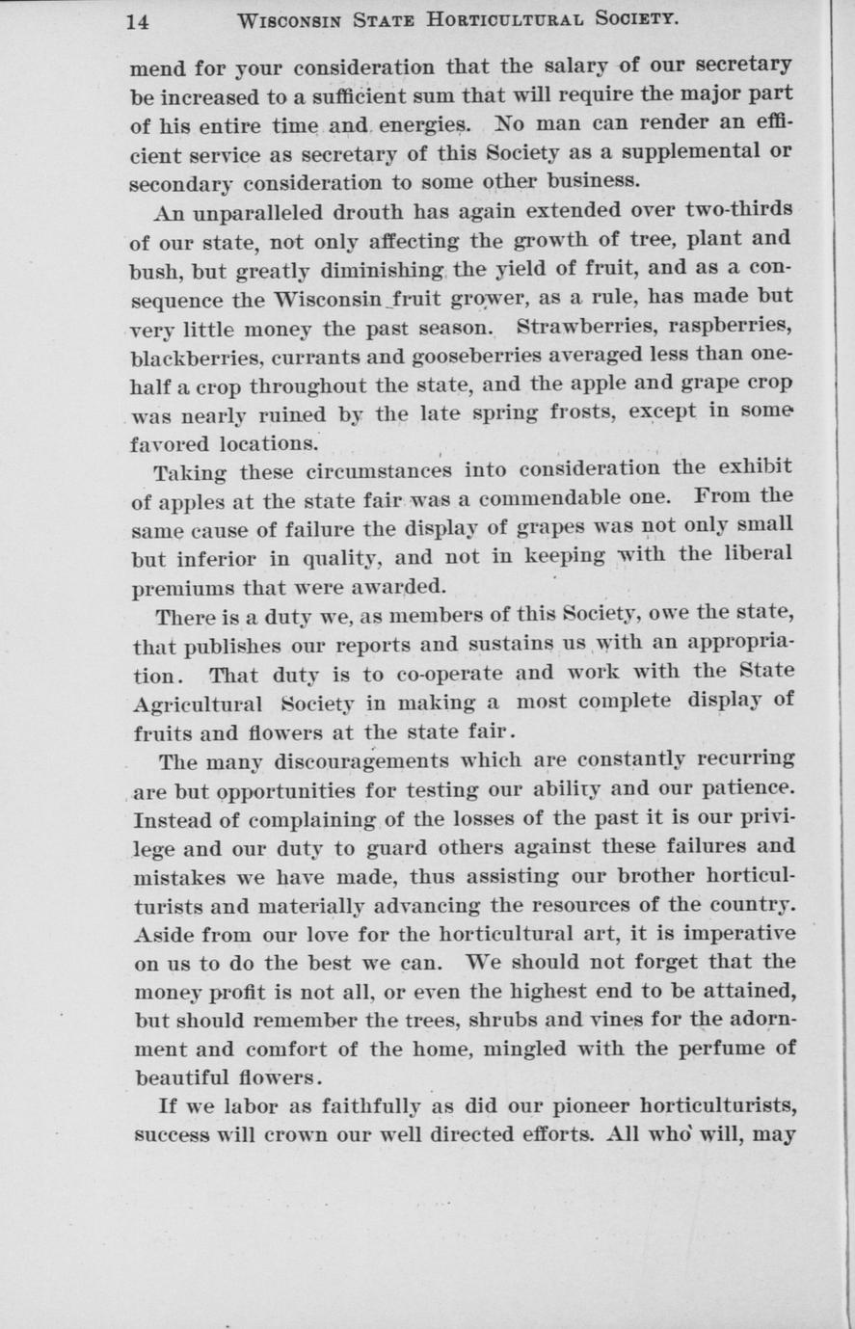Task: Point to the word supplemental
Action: point(679,152)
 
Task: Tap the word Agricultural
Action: point(196,701)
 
